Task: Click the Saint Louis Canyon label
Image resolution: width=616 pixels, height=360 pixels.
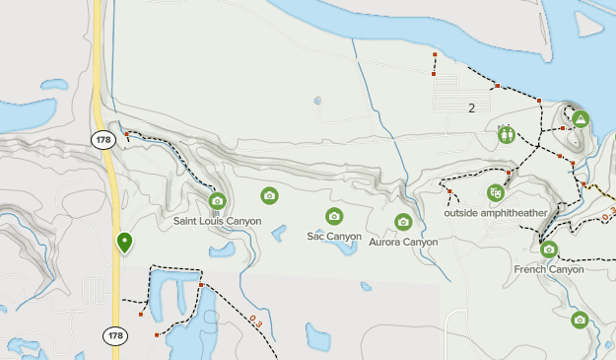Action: point(217,221)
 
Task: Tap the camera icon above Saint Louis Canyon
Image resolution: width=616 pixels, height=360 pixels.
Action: point(217,202)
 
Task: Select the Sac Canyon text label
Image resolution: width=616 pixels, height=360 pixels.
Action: point(334,237)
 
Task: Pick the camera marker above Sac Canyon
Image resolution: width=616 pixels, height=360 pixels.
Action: point(334,217)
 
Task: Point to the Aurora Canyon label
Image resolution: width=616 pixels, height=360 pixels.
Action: point(403,242)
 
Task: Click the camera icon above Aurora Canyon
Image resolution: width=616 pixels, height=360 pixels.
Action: point(402,222)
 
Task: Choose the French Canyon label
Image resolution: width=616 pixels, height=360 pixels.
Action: point(549,269)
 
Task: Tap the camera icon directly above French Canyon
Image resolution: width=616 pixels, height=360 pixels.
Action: point(549,251)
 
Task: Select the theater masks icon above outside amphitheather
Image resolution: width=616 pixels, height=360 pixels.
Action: point(495,193)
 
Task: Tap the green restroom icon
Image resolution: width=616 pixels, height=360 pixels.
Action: point(506,133)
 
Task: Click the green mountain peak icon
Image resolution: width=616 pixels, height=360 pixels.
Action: point(582,119)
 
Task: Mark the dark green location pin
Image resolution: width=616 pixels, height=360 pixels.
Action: point(124,241)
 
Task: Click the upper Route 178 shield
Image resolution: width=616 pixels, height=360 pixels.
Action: point(104,140)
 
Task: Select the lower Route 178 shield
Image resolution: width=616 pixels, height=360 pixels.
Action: point(116,336)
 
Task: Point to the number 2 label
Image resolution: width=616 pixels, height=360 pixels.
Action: point(472,108)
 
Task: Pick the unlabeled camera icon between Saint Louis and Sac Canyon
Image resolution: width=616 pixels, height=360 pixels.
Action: point(269,195)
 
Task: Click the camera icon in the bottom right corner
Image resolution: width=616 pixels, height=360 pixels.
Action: point(580,320)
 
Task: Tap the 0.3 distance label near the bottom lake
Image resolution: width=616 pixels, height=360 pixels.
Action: point(256,321)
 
